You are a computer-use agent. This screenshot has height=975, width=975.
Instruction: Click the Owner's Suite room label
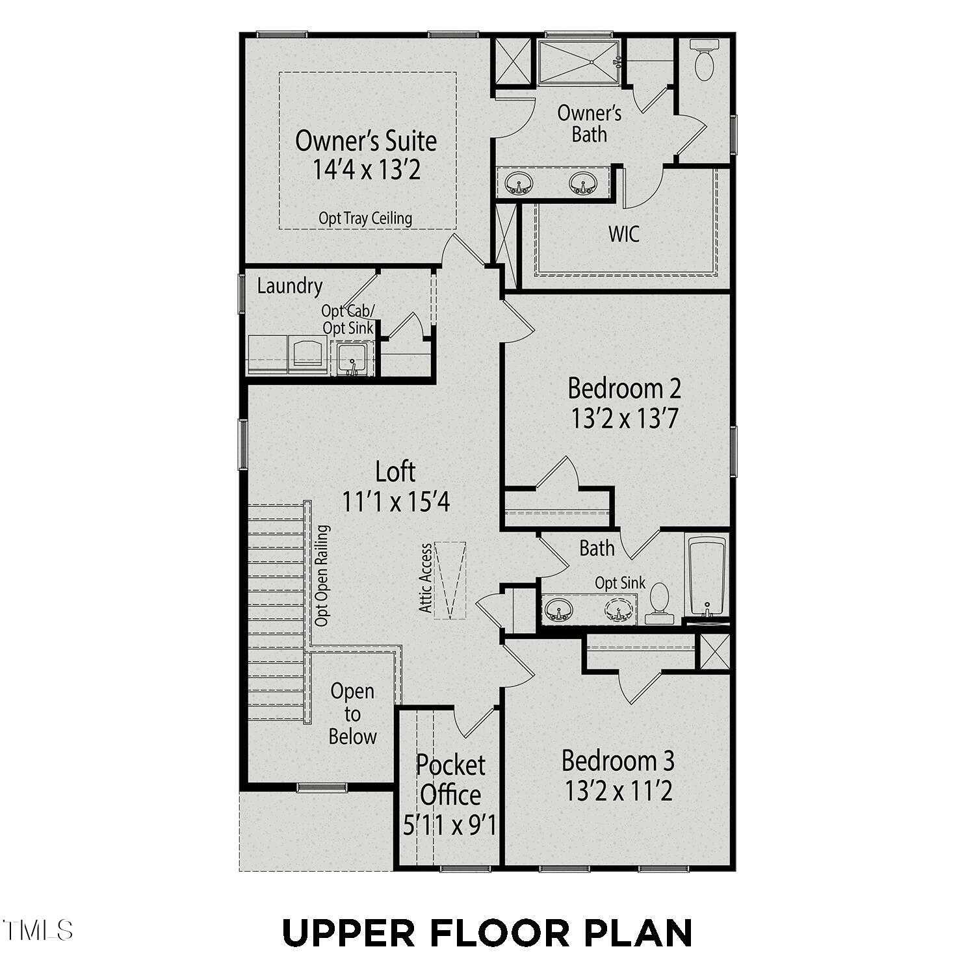[366, 140]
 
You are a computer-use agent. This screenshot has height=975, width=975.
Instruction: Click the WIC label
[624, 234]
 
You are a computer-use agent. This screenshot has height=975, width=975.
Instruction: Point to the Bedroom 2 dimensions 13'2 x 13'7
[625, 419]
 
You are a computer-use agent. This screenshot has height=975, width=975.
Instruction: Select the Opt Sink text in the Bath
[620, 583]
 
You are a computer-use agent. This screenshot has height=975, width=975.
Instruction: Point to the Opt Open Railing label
[322, 576]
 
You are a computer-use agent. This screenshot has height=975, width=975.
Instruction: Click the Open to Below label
[352, 714]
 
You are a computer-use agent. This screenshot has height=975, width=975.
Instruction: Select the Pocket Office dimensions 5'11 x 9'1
[450, 825]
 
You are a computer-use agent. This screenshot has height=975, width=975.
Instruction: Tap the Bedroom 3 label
[618, 760]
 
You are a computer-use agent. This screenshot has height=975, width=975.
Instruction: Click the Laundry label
[289, 286]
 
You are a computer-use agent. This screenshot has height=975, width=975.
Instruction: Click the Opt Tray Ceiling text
[365, 218]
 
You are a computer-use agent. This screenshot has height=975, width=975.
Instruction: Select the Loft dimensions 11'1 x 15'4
[396, 502]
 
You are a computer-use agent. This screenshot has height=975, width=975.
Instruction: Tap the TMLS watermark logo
[37, 930]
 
